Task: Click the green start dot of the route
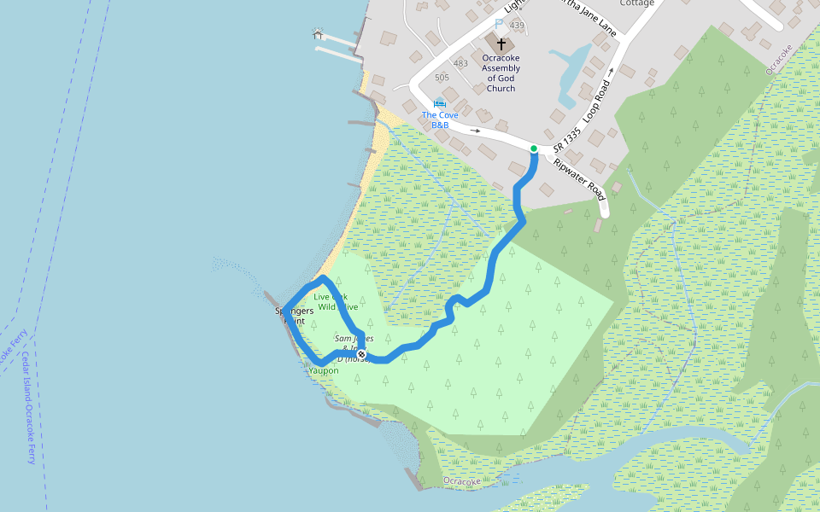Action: click(x=534, y=149)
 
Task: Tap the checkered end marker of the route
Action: click(x=362, y=354)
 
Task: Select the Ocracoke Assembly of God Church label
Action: click(x=501, y=73)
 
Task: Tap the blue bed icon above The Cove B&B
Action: click(x=440, y=103)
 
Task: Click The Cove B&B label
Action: click(x=440, y=119)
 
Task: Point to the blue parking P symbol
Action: click(x=500, y=25)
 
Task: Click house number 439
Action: click(x=517, y=26)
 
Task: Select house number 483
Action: click(x=460, y=63)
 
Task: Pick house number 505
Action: click(x=442, y=78)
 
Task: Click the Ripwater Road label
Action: click(x=580, y=180)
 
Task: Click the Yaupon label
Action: click(x=324, y=371)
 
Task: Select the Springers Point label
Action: click(x=294, y=316)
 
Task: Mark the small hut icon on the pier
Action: click(x=319, y=33)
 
